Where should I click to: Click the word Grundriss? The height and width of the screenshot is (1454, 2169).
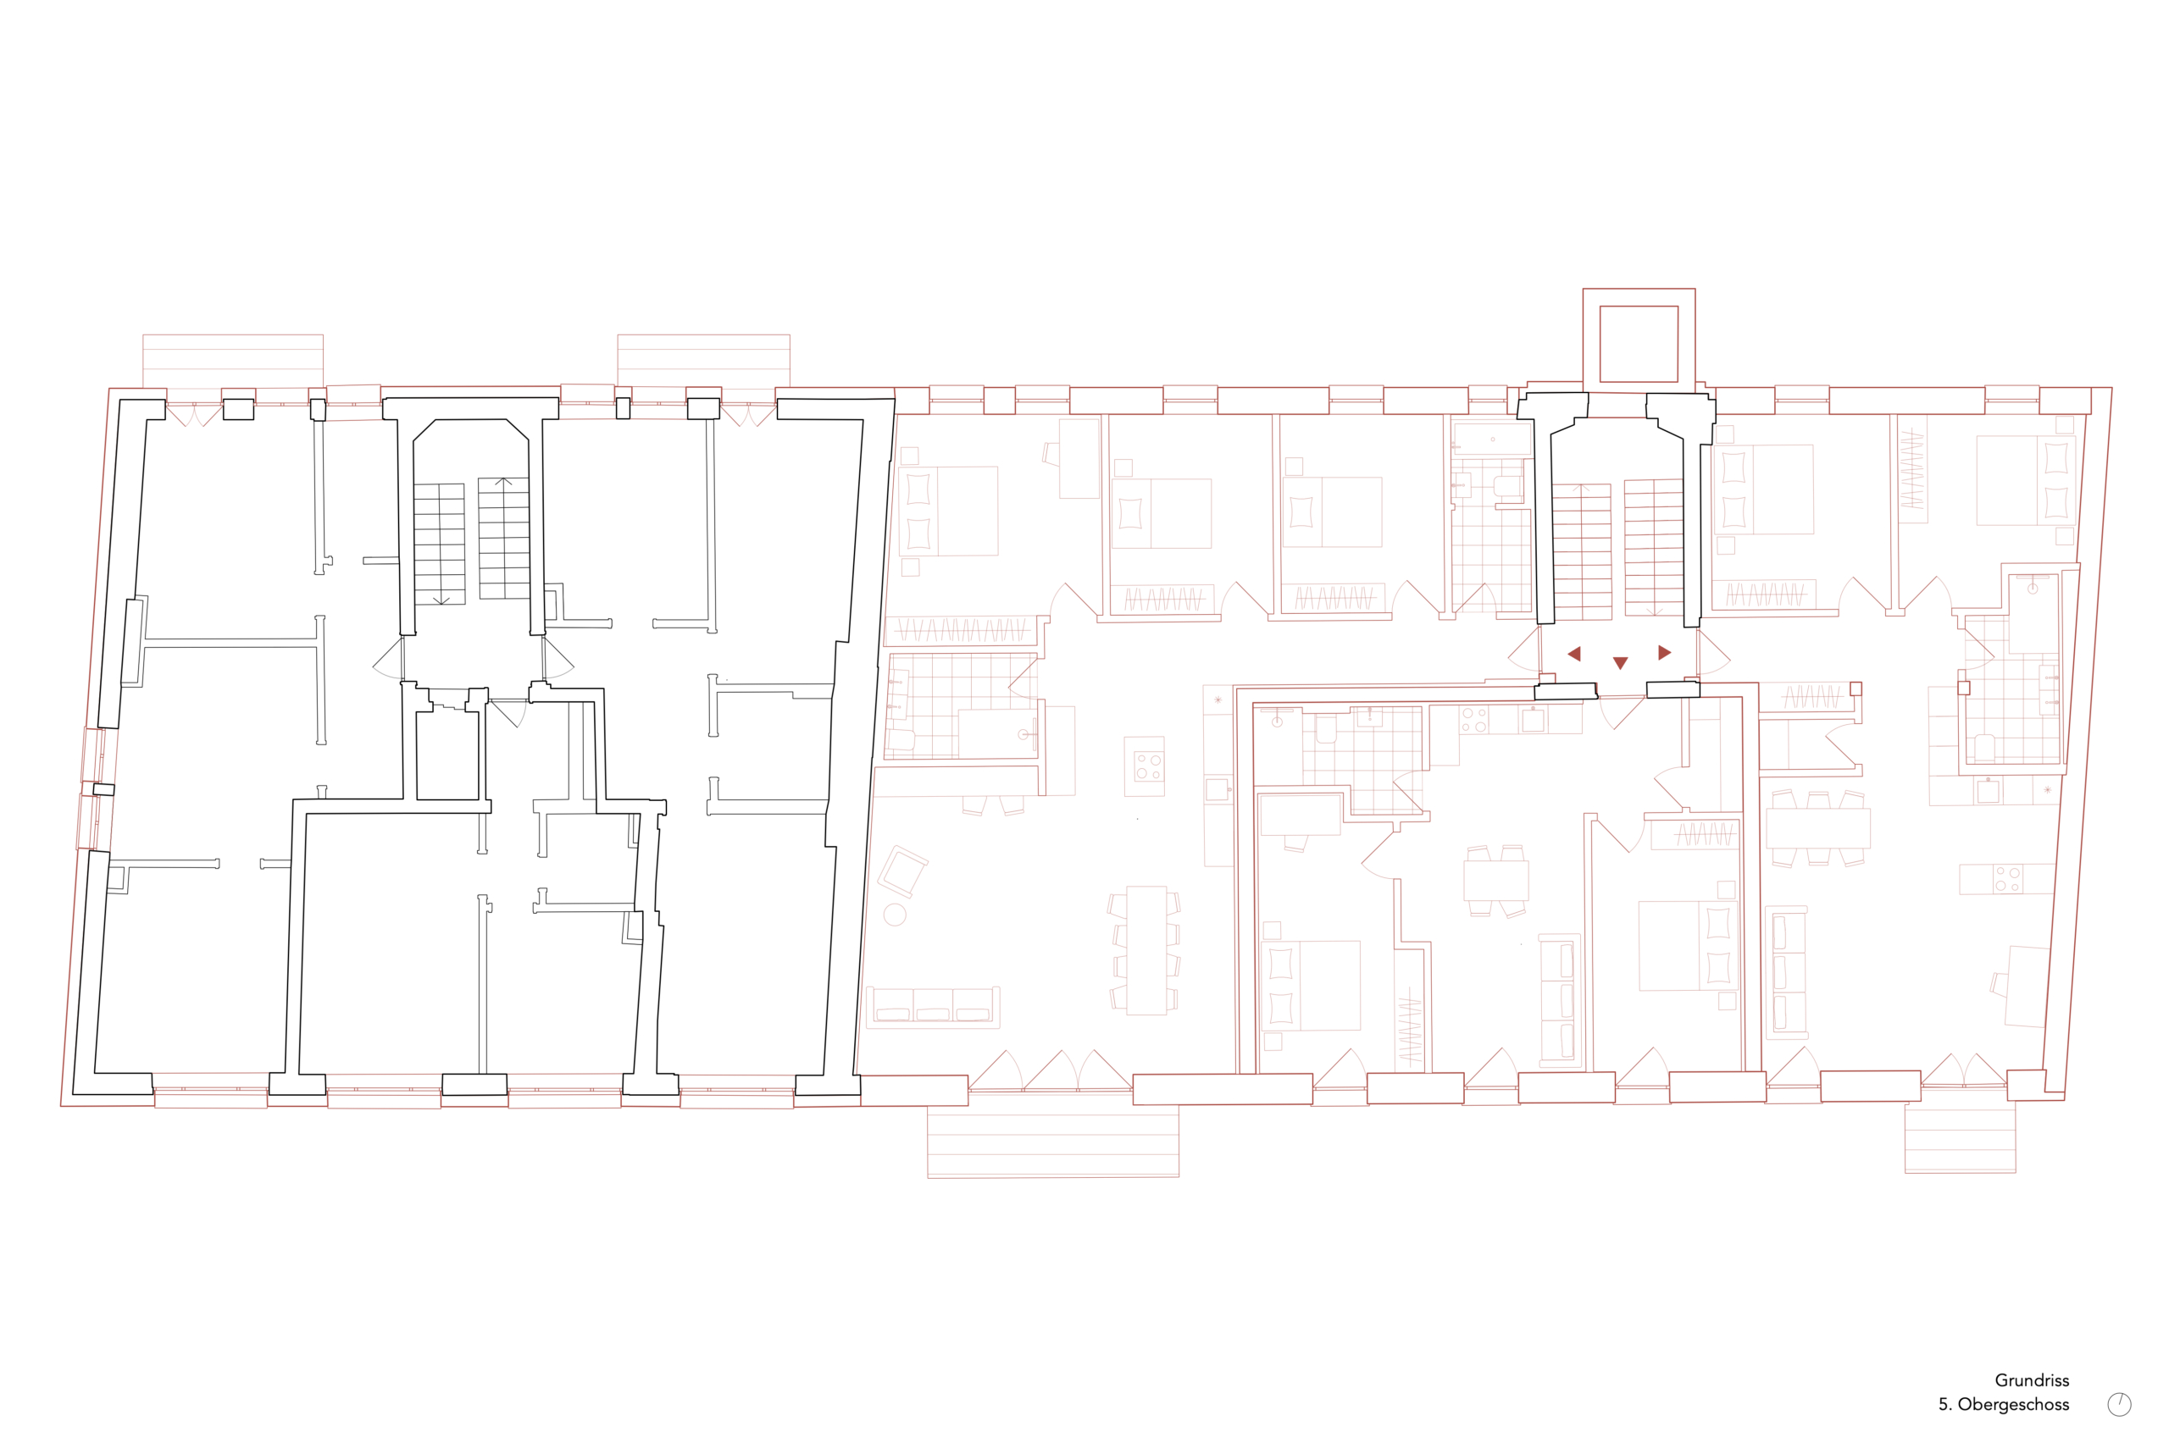click(2032, 1379)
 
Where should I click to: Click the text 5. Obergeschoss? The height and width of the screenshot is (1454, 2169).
click(2004, 1404)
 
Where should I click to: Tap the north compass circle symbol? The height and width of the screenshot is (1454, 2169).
click(2119, 1404)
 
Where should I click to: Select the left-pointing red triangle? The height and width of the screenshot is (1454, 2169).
click(1574, 654)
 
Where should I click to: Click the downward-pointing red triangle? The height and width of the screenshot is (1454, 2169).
click(1620, 663)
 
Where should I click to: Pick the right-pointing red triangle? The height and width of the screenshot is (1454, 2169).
click(1664, 653)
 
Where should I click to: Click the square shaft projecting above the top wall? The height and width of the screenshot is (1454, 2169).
click(1639, 340)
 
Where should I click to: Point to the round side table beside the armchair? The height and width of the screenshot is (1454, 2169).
click(895, 915)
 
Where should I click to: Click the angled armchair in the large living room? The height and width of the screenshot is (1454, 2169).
click(902, 871)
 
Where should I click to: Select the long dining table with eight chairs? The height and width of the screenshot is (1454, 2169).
click(1146, 950)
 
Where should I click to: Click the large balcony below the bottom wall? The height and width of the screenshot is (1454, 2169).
click(1053, 1140)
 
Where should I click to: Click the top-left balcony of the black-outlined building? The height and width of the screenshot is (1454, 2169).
click(233, 362)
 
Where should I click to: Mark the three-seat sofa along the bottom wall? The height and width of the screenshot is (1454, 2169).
click(934, 1007)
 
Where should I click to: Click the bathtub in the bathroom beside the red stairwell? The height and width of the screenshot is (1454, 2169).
click(1492, 439)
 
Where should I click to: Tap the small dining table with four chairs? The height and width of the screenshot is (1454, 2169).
click(1495, 881)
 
